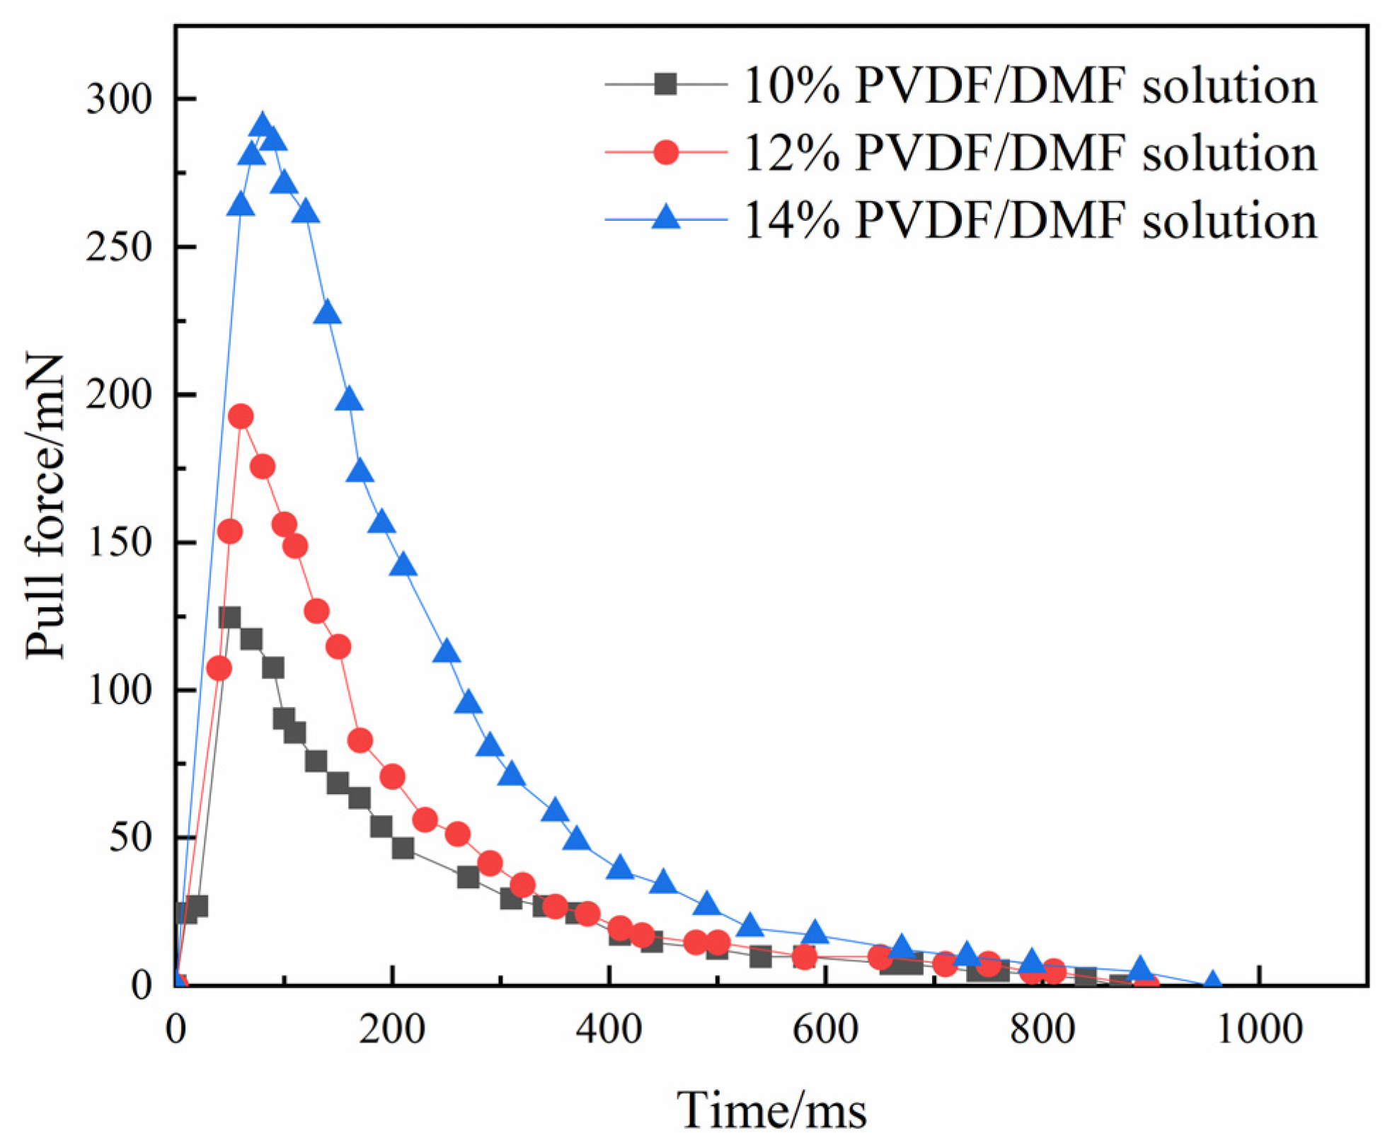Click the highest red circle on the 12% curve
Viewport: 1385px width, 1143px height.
pyautogui.click(x=241, y=417)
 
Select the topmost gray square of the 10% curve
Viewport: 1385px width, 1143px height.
pyautogui.click(x=229, y=617)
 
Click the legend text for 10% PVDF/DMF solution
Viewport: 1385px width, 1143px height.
pyautogui.click(x=1030, y=86)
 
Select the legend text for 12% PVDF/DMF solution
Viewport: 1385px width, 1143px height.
pyautogui.click(x=1030, y=154)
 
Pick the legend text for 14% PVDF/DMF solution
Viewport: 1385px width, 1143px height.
pyautogui.click(x=1030, y=220)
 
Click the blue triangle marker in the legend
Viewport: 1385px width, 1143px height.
pyautogui.click(x=665, y=217)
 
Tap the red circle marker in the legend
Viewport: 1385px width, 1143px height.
pyautogui.click(x=665, y=151)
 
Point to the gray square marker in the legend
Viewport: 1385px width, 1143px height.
pyautogui.click(x=665, y=85)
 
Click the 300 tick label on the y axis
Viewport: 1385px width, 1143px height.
pyautogui.click(x=119, y=99)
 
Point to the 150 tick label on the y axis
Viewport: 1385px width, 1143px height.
pyautogui.click(x=119, y=542)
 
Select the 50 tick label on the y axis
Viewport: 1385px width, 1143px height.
pyautogui.click(x=131, y=837)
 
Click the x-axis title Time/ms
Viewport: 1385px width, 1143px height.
pyautogui.click(x=771, y=1110)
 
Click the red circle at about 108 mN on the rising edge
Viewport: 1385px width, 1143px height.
pyautogui.click(x=219, y=668)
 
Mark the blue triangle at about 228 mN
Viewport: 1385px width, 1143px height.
pyautogui.click(x=327, y=313)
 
